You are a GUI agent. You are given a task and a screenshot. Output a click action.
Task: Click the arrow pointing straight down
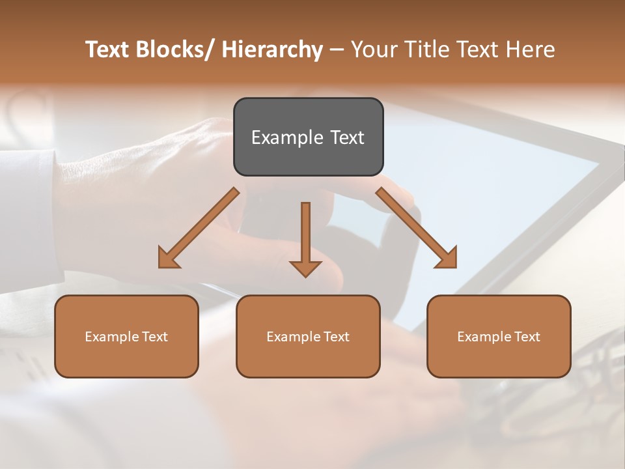coord(305,234)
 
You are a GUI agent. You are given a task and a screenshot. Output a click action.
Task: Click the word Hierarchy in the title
coord(272,50)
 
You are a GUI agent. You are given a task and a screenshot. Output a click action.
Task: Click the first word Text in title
coord(107,50)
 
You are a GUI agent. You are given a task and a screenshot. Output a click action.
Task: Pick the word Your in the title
coord(373,50)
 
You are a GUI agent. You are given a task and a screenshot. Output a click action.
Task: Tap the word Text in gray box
coord(346,137)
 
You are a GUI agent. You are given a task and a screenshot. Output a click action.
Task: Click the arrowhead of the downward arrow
coord(305,268)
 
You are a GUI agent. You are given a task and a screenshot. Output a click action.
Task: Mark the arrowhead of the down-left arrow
coord(167,259)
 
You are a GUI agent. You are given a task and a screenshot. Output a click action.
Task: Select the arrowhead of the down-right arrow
coord(447,259)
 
